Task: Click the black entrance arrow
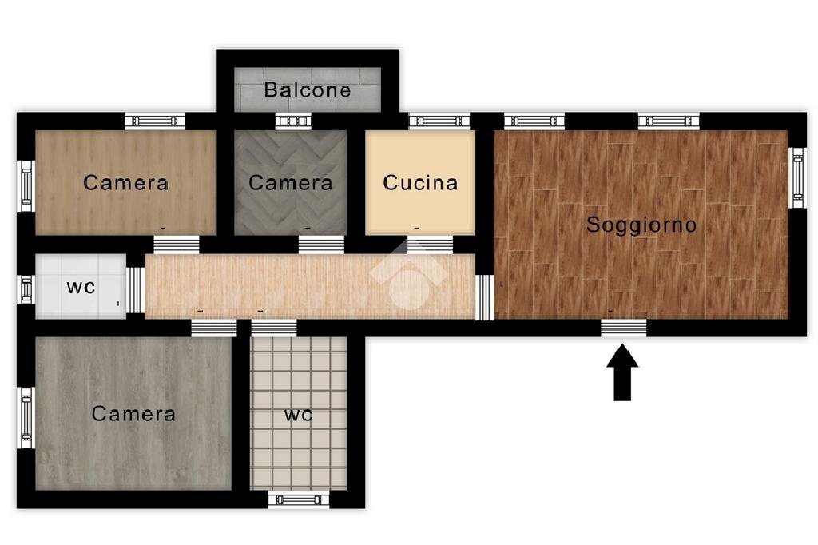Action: pos(622,372)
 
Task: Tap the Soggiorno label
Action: pos(641,225)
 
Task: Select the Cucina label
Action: pos(420,183)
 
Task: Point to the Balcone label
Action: pos(308,90)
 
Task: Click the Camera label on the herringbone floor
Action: pos(290,183)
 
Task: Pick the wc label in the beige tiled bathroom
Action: pos(298,416)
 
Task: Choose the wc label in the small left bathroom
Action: pos(81,287)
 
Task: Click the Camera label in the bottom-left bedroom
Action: pos(133,414)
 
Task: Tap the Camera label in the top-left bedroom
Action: pos(125,183)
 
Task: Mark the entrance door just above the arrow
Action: pos(623,327)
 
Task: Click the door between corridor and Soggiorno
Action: pos(484,297)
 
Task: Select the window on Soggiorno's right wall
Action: pos(796,177)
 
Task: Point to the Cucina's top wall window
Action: pos(439,121)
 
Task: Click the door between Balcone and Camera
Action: pos(292,121)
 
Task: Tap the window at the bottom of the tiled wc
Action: pos(298,500)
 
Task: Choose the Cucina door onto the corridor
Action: pos(430,244)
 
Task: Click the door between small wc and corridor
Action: pos(135,289)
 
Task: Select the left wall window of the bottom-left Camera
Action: pos(26,418)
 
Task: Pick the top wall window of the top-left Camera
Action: pos(155,121)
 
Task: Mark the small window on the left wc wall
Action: pos(26,289)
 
